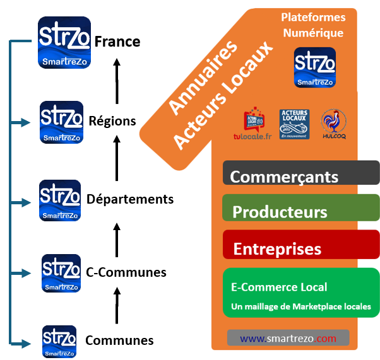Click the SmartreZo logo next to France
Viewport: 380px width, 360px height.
tap(64, 42)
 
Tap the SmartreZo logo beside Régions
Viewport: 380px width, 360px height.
tap(61, 122)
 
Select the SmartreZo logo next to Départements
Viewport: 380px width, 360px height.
tap(60, 200)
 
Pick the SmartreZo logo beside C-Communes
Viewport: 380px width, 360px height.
tap(61, 273)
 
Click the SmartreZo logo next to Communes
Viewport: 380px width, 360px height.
tap(59, 341)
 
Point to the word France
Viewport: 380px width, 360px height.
tap(117, 42)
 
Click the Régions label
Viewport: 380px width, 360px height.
tap(112, 120)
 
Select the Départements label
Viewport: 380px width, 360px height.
tap(130, 199)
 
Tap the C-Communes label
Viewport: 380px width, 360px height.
tap(126, 272)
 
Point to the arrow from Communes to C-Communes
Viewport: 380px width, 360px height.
tap(116, 306)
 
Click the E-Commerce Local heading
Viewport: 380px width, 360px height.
tap(279, 287)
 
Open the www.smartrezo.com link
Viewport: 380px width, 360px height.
tap(288, 339)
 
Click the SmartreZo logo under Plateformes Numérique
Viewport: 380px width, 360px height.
tap(315, 67)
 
